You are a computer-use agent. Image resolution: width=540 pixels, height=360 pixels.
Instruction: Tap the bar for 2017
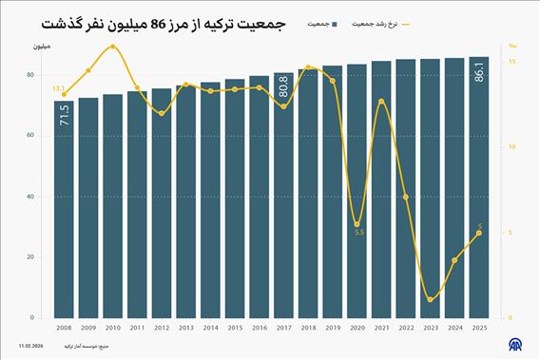point(283,209)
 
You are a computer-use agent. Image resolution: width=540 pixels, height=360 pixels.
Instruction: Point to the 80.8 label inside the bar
point(283,86)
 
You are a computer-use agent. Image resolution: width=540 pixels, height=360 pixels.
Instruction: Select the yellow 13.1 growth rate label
point(58,88)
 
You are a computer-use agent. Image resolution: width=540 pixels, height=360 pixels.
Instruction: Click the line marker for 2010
point(113,47)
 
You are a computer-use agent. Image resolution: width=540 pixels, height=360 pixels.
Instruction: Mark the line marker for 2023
point(431,300)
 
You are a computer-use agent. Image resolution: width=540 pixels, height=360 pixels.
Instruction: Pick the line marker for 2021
point(381,101)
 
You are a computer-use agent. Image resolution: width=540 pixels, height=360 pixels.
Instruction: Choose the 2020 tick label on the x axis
point(357,328)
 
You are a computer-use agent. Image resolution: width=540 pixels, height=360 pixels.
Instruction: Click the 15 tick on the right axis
point(511,62)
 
